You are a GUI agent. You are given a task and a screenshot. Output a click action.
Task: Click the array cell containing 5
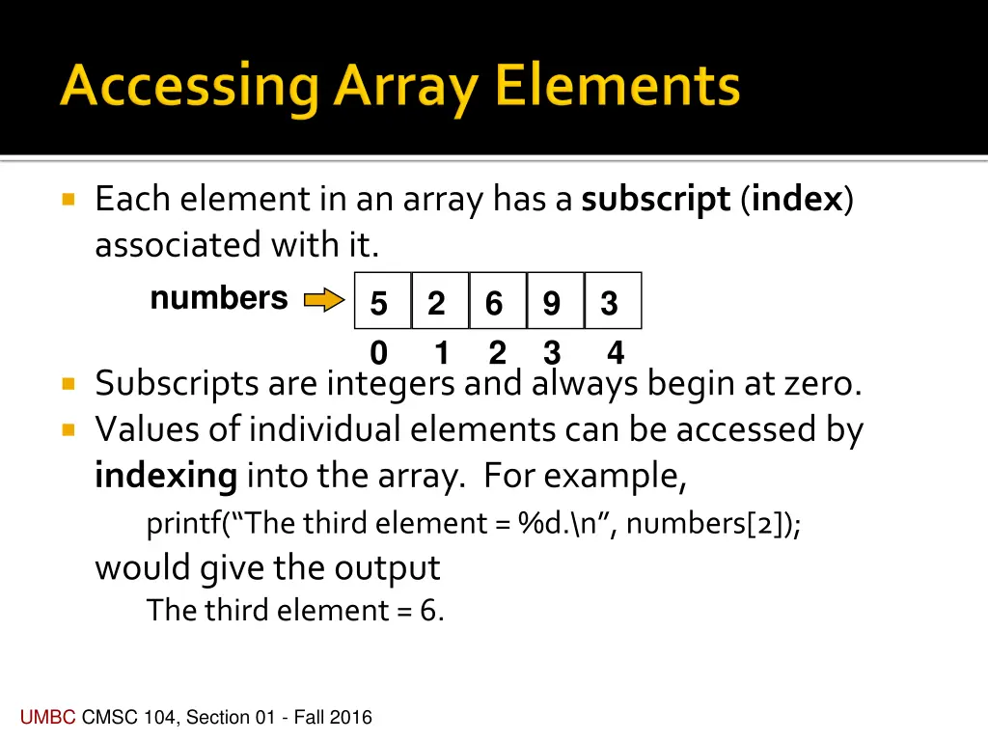[382, 301]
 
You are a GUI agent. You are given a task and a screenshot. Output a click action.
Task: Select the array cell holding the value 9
[555, 301]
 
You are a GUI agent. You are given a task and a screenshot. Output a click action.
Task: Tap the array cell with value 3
[612, 301]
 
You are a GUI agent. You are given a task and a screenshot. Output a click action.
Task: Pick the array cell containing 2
[440, 301]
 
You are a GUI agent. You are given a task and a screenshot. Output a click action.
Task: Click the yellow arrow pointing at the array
[324, 301]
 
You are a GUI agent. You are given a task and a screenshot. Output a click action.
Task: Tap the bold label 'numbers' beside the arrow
[219, 298]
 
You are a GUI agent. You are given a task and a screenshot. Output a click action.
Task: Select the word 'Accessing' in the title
[189, 89]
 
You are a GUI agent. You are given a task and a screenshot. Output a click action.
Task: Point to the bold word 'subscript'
[656, 200]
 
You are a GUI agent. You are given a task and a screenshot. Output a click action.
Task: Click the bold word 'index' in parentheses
[798, 200]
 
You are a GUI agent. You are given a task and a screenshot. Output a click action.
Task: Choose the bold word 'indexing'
[166, 476]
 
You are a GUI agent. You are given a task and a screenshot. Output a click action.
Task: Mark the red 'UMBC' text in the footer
[47, 717]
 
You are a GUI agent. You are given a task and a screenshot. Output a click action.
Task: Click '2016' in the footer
[351, 717]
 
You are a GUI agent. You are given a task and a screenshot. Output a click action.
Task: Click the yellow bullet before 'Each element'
[68, 201]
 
